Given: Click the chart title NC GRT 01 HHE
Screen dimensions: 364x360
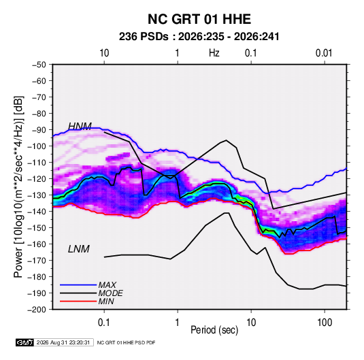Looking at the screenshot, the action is (x=199, y=19).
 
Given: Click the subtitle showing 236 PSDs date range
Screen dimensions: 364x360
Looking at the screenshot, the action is (x=199, y=37).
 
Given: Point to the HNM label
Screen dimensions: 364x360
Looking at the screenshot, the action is (x=80, y=127).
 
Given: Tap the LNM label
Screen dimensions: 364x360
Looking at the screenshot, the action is (x=79, y=249).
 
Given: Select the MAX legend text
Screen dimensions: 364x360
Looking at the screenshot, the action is (x=107, y=284).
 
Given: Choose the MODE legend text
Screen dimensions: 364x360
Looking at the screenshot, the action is (x=110, y=293).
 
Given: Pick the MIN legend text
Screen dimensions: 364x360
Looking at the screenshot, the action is (x=106, y=301).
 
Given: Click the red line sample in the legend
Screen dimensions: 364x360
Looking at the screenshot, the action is (x=78, y=301).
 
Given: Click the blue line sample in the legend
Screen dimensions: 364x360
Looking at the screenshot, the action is (x=78, y=284).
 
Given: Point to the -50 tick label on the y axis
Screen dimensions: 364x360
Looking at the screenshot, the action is (x=39, y=65).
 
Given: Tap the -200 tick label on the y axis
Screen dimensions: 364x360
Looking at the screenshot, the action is (x=37, y=310).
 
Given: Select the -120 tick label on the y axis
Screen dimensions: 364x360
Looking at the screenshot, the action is (x=37, y=179).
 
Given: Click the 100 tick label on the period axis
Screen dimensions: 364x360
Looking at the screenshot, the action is (x=325, y=323).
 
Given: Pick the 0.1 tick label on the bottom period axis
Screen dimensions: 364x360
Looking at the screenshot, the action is (x=104, y=323).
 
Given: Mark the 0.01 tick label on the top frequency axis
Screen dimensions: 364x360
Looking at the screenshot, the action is (x=324, y=53).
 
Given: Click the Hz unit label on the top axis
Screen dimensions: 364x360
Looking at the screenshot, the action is (x=214, y=53).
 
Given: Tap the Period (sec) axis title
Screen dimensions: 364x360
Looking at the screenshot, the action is (x=214, y=330).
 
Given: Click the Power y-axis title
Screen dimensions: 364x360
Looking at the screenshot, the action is (x=18, y=187).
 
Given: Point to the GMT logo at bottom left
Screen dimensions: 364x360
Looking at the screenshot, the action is (x=25, y=342).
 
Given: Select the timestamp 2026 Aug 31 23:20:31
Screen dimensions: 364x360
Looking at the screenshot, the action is (x=63, y=342).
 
